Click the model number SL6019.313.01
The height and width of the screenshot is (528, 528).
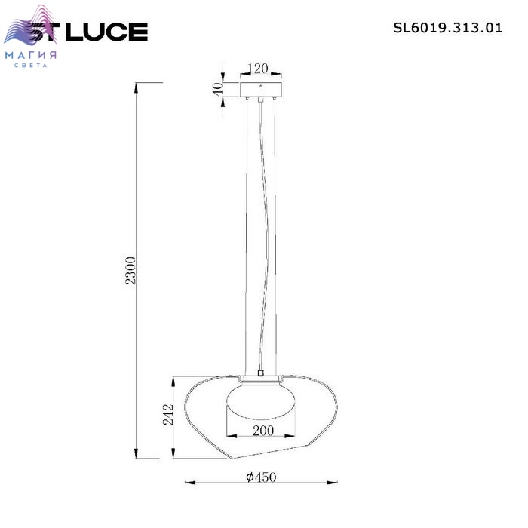tap(447, 28)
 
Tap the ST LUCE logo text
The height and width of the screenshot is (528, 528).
tap(88, 32)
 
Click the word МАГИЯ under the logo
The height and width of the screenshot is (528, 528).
tap(31, 55)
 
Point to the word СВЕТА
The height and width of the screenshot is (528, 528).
tap(31, 66)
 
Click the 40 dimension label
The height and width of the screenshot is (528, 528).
tap(218, 89)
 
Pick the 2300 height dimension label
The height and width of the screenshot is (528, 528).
tap(130, 270)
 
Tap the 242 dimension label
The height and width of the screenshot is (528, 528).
tap(168, 414)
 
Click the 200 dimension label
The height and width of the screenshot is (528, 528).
tap(263, 431)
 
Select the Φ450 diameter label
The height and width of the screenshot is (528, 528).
tap(261, 477)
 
